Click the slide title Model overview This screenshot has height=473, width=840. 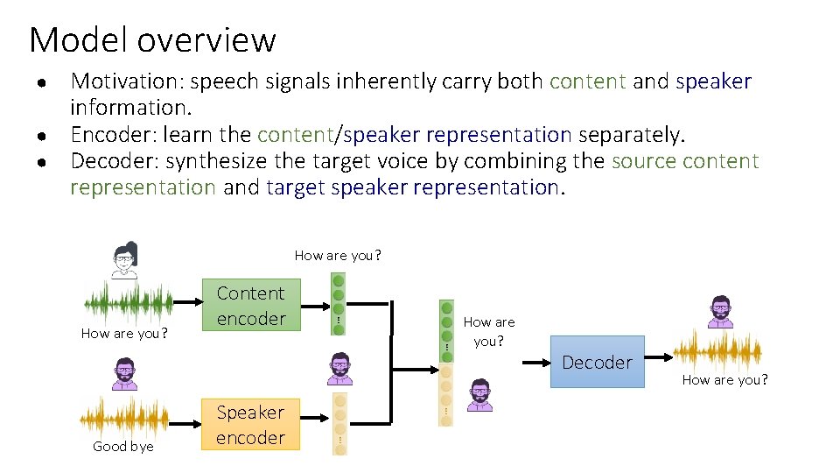(152, 40)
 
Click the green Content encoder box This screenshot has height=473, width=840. (251, 306)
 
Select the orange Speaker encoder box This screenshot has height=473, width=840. (251, 425)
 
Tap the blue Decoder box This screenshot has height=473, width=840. (597, 363)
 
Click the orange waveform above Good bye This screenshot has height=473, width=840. (123, 418)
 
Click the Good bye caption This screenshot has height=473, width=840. (123, 447)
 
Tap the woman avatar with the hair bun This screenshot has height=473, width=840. (126, 259)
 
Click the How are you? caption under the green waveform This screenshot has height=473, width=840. (124, 334)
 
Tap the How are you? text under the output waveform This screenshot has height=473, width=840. (724, 379)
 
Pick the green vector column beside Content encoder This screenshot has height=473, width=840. (339, 303)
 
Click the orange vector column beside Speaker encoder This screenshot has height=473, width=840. (339, 424)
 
